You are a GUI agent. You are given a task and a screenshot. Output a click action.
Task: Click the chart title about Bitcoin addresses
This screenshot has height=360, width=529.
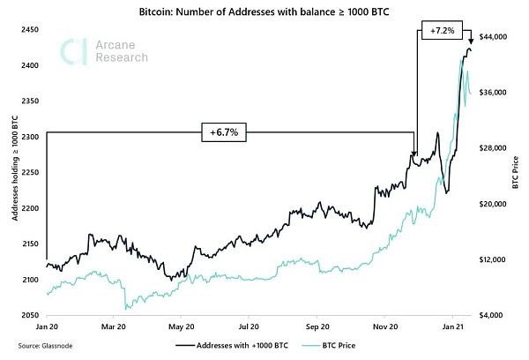[x=264, y=14]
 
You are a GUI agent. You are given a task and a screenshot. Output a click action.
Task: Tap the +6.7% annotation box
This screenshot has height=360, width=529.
[x=224, y=133]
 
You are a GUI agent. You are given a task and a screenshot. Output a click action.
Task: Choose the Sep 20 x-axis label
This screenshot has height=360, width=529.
[x=317, y=326]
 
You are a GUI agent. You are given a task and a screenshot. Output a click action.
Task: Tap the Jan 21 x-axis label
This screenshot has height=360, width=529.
[x=452, y=326]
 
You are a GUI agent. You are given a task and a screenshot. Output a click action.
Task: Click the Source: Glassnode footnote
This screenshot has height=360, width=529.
[x=41, y=347]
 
